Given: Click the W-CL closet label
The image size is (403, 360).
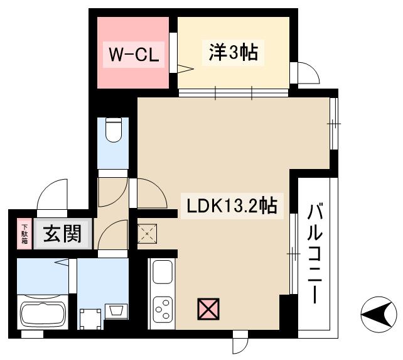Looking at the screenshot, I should coord(133,55).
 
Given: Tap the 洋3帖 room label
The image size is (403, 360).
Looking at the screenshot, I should coord(232,53).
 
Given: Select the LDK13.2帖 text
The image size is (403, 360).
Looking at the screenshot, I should coord(229,205).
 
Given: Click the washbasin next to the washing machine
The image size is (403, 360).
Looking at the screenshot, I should coord(116,310).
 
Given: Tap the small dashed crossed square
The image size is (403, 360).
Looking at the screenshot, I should coord(147,233).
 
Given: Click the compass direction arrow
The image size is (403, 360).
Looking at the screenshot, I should coord(377,310).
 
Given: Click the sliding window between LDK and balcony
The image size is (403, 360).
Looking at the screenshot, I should coord(293,253).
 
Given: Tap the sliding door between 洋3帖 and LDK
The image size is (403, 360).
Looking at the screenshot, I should coord(234,94).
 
